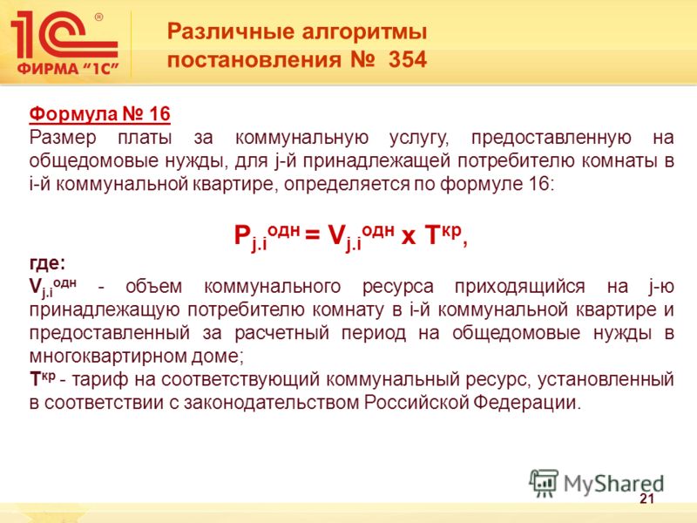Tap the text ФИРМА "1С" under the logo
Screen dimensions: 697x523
click(x=68, y=69)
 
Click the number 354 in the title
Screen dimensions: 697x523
click(x=407, y=59)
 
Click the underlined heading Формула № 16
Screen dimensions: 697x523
click(x=99, y=114)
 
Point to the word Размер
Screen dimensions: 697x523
click(x=63, y=138)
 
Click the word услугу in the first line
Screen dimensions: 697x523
click(x=419, y=139)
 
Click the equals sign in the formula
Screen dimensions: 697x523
click(x=313, y=234)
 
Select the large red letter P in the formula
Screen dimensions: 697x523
click(x=242, y=234)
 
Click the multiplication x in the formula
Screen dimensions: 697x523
click(x=408, y=236)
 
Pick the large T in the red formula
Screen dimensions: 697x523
click(x=431, y=234)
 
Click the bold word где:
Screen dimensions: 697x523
click(x=47, y=263)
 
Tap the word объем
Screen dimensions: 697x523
click(x=154, y=287)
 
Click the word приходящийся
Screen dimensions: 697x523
click(x=519, y=287)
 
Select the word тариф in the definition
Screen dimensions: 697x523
click(x=99, y=379)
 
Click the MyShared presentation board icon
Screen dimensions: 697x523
click(x=544, y=483)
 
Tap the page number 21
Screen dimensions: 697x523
click(x=646, y=499)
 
